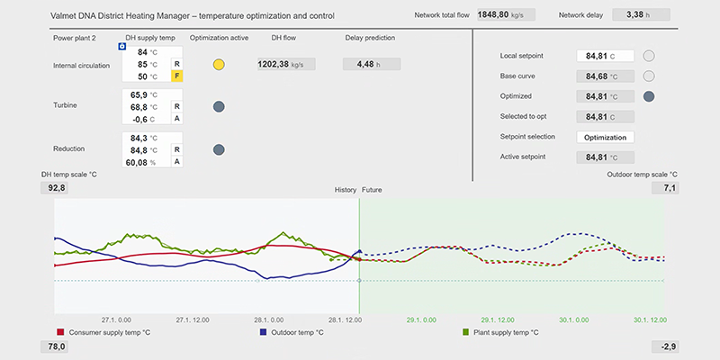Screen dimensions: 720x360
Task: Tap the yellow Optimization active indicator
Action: (x=219, y=65)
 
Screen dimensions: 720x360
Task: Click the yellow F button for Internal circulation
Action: (x=176, y=76)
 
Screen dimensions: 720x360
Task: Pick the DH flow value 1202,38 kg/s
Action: (x=286, y=64)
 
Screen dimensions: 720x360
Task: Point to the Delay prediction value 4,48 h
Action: (x=372, y=64)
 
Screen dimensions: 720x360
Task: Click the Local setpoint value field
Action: (x=605, y=56)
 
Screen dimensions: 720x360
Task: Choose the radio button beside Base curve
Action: (x=648, y=76)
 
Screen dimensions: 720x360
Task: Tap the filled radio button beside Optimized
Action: (x=648, y=96)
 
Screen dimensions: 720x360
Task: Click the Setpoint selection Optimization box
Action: (x=605, y=137)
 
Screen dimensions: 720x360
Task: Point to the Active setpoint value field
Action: (x=605, y=157)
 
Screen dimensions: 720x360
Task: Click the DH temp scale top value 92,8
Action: (x=55, y=188)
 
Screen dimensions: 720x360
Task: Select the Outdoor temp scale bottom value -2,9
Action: (x=665, y=346)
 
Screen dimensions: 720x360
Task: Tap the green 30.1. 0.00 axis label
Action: (x=574, y=320)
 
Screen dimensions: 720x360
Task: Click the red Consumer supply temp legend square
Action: (x=60, y=332)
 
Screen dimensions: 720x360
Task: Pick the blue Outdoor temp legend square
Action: (x=263, y=332)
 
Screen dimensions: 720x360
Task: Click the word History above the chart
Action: (x=346, y=190)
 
